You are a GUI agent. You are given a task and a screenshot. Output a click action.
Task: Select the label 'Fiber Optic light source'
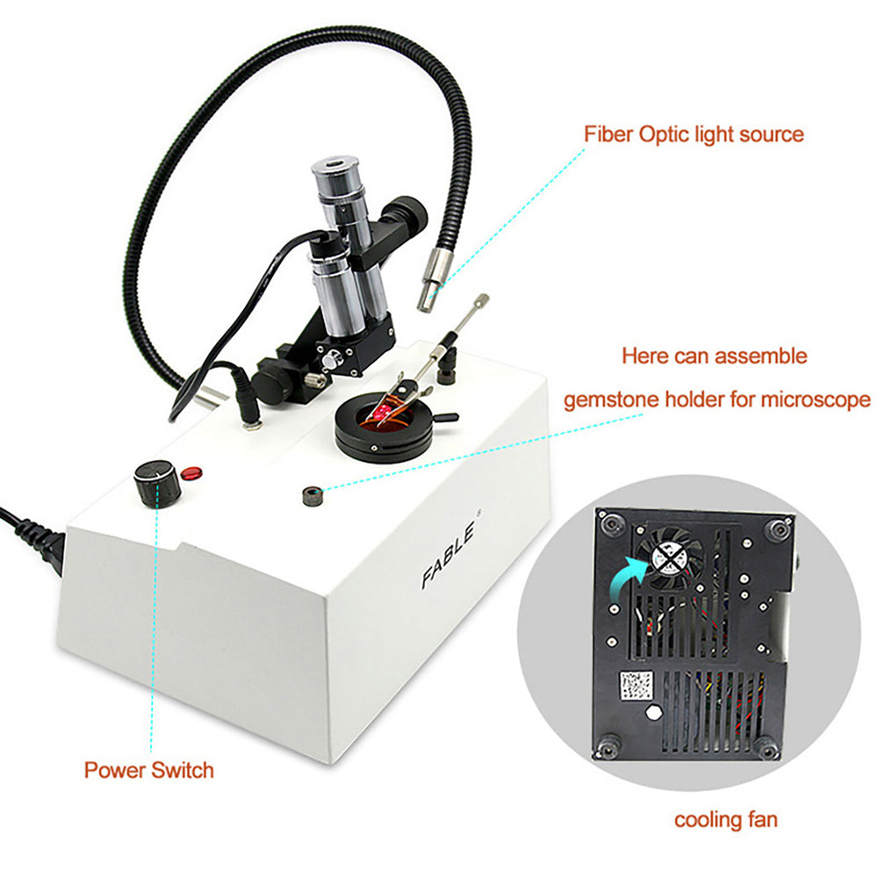pyautogui.click(x=694, y=134)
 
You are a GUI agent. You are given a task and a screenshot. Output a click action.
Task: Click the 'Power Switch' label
pyautogui.click(x=148, y=770)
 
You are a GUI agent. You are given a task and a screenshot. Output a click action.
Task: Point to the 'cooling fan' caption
pyautogui.click(x=725, y=819)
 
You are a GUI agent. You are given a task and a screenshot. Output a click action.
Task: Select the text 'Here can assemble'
pyautogui.click(x=714, y=356)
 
